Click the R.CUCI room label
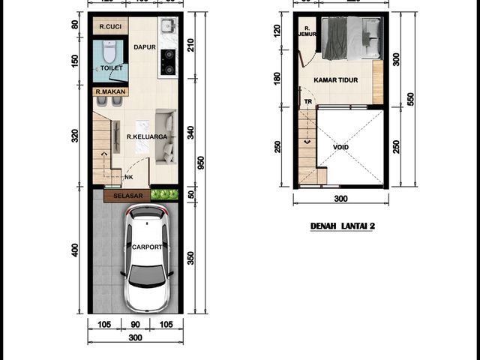(x=110, y=27)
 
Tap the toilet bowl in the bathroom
(x=109, y=52)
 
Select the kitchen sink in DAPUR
(x=168, y=25)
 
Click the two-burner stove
(x=168, y=62)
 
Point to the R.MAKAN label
(x=110, y=91)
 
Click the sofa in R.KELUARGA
(x=166, y=136)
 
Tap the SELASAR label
(x=128, y=196)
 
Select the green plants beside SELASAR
(x=164, y=194)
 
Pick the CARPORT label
(x=147, y=247)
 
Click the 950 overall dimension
(x=200, y=163)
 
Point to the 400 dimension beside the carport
(x=74, y=250)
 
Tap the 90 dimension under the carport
(x=135, y=325)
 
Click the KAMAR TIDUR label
(x=336, y=80)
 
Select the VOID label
(x=340, y=147)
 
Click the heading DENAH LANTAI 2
(x=343, y=226)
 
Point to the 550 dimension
(x=410, y=99)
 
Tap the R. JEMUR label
(x=307, y=31)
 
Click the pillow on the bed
(x=372, y=37)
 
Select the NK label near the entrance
(x=129, y=177)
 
